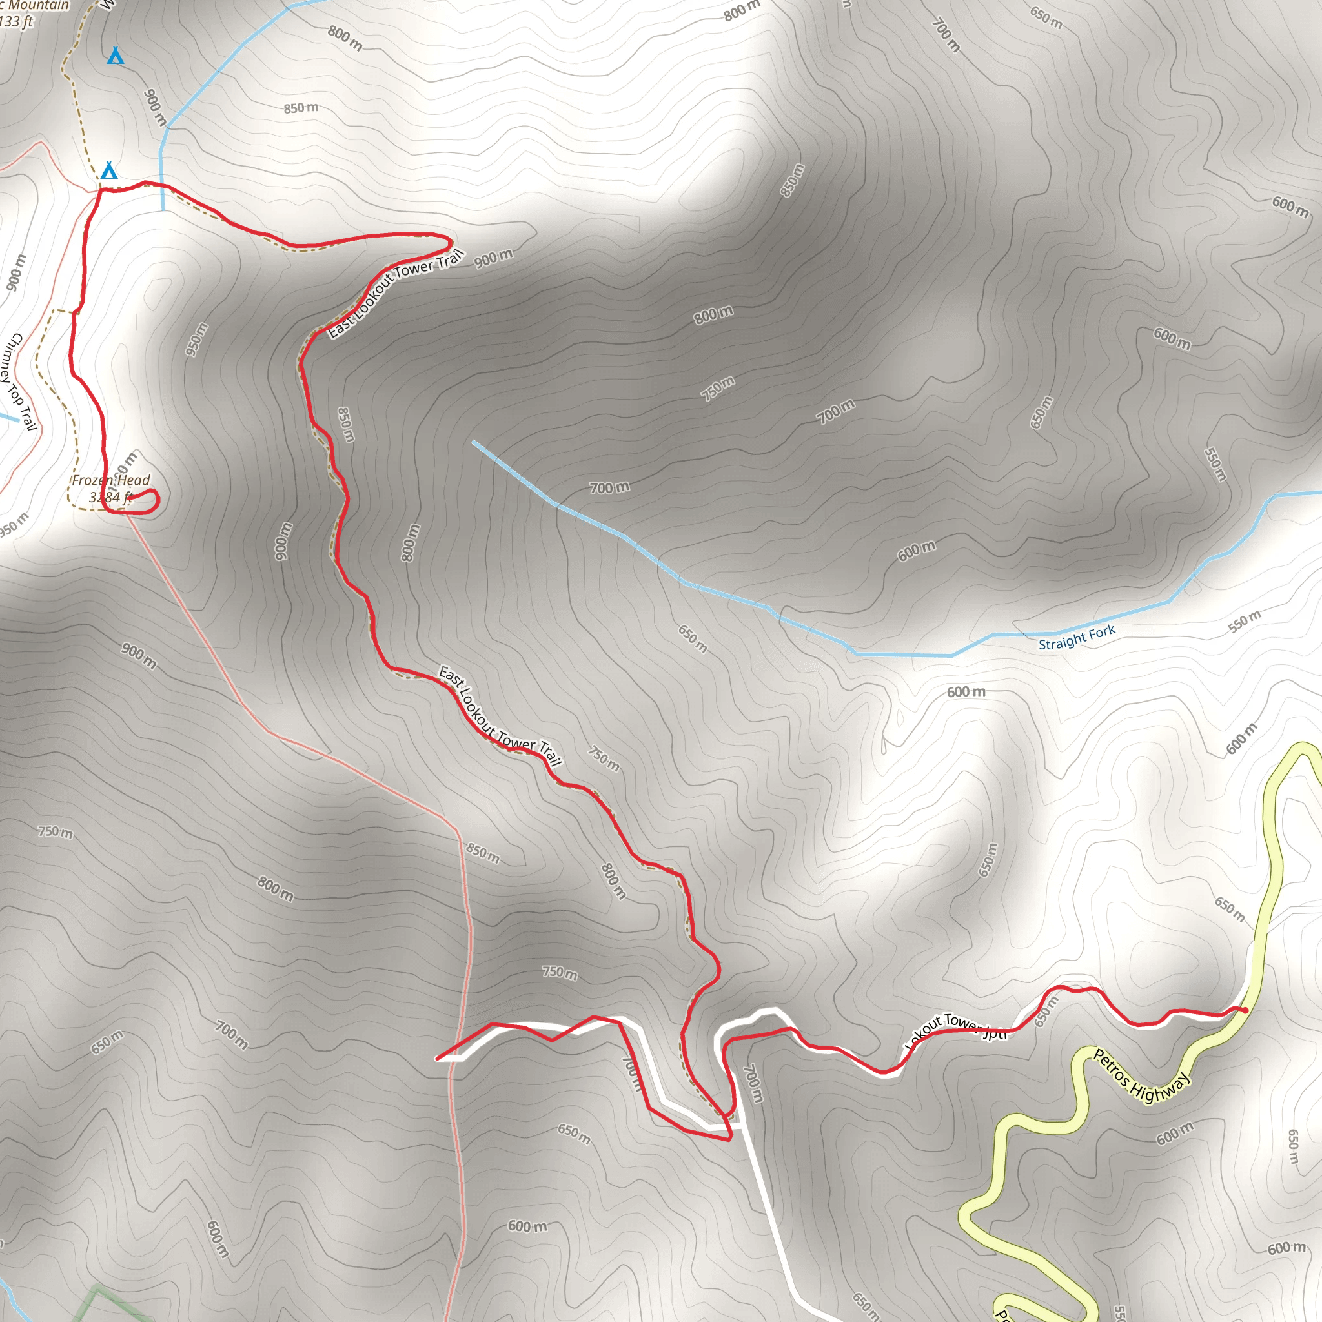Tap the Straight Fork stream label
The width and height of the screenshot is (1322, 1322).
[1076, 638]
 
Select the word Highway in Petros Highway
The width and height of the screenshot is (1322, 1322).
[1161, 1089]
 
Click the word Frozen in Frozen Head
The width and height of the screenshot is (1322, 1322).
[93, 480]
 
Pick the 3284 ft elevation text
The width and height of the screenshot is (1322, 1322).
[110, 498]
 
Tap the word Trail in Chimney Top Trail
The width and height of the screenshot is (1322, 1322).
[27, 418]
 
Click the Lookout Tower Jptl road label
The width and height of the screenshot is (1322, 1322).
[957, 1028]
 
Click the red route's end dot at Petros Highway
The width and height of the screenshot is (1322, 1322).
[1245, 1010]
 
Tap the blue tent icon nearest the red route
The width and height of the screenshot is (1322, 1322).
[109, 170]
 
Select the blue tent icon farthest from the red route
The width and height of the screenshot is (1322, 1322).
[116, 56]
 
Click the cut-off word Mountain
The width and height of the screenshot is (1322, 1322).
[38, 5]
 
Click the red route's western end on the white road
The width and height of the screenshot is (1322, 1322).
[438, 1059]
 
